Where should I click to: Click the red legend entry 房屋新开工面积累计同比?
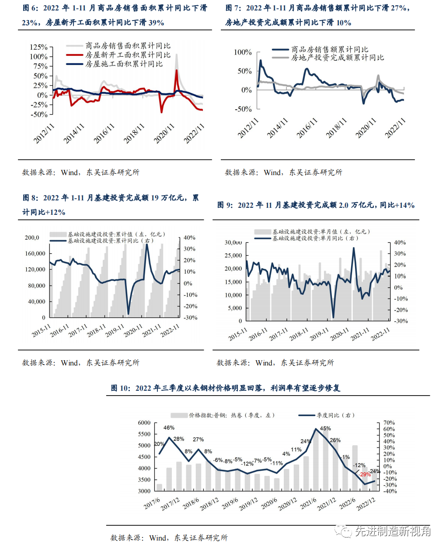(127, 55)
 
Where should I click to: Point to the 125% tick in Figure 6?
(38, 47)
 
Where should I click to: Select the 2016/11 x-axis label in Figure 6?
(104, 133)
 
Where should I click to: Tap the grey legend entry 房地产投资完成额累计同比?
(337, 58)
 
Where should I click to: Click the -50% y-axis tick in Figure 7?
(243, 109)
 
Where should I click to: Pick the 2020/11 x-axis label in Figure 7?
(366, 128)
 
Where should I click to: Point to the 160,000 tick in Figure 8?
(35, 254)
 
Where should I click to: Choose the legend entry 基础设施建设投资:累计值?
(116, 234)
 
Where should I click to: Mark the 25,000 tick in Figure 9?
(233, 255)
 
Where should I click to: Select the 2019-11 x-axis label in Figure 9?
(319, 334)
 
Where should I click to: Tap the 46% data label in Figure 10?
(169, 428)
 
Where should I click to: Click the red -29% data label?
(365, 474)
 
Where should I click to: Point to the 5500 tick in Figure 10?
(144, 434)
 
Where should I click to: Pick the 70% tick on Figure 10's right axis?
(389, 423)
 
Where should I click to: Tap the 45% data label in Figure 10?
(325, 429)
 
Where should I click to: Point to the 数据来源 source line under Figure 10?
(169, 538)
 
